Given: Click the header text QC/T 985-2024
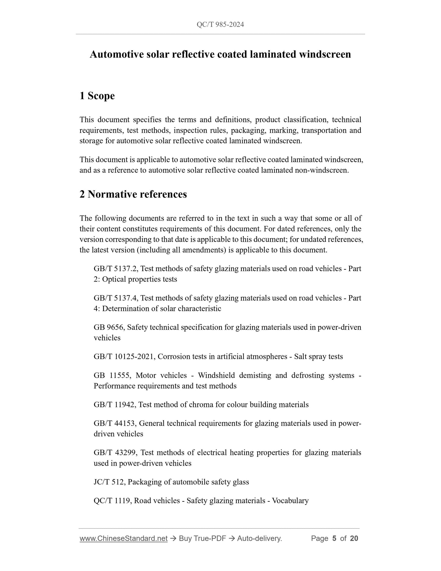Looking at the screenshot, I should pyautogui.click(x=220, y=25).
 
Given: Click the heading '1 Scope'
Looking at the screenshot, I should pyautogui.click(x=97, y=96).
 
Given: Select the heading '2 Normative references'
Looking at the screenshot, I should pyautogui.click(x=133, y=194).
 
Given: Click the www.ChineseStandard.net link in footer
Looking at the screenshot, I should pyautogui.click(x=124, y=538).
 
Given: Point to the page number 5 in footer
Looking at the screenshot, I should pyautogui.click(x=334, y=538).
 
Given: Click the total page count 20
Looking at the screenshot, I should pyautogui.click(x=354, y=538).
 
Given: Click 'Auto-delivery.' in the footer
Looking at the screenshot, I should pyautogui.click(x=259, y=538).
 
